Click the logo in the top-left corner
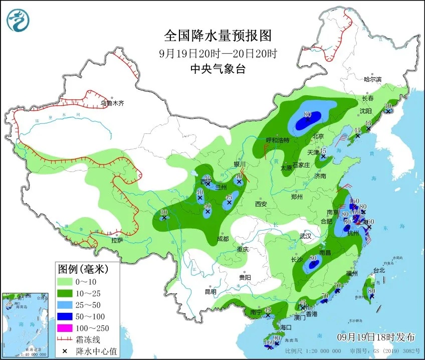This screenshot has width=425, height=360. click(18, 20)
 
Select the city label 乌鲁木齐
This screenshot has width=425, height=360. click(112, 104)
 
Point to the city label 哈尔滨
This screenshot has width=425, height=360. click(372, 79)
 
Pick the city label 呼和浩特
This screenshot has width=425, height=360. click(278, 140)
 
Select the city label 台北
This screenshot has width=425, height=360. click(379, 270)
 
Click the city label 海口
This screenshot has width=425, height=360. click(286, 327)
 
